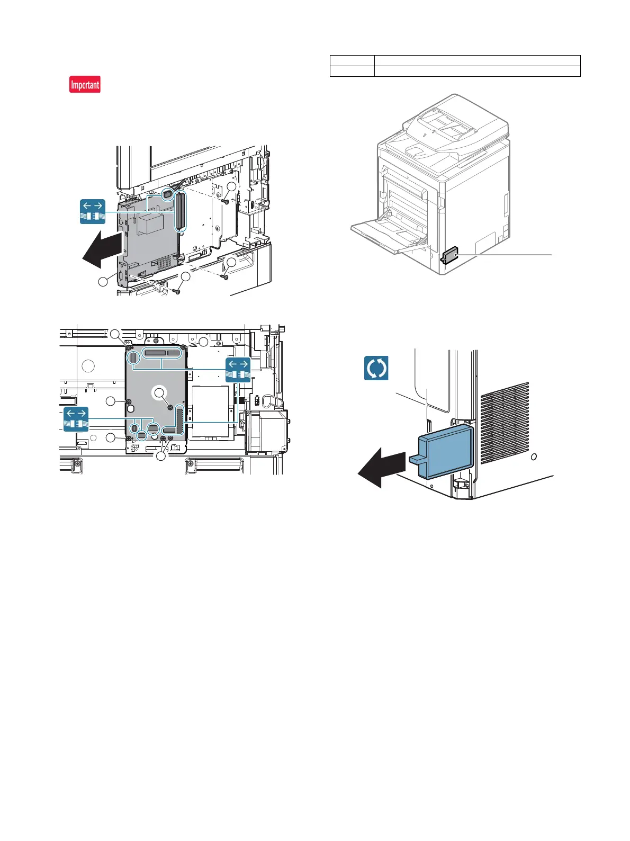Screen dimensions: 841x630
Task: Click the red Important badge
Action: pyautogui.click(x=85, y=85)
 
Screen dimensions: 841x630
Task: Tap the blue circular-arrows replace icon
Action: pyautogui.click(x=376, y=368)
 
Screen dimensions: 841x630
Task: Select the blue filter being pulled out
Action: pyautogui.click(x=446, y=451)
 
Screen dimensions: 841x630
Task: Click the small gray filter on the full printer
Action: pyautogui.click(x=448, y=256)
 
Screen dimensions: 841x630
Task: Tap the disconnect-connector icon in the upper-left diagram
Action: pyautogui.click(x=93, y=212)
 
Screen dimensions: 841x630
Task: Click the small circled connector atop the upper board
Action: pyautogui.click(x=167, y=194)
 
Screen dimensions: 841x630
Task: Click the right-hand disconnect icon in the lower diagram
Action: pyautogui.click(x=238, y=370)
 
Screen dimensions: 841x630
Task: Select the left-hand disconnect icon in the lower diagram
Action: pyautogui.click(x=76, y=419)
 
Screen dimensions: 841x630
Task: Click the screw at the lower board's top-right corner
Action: pyautogui.click(x=183, y=347)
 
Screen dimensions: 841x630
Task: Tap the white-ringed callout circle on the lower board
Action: pyautogui.click(x=159, y=392)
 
